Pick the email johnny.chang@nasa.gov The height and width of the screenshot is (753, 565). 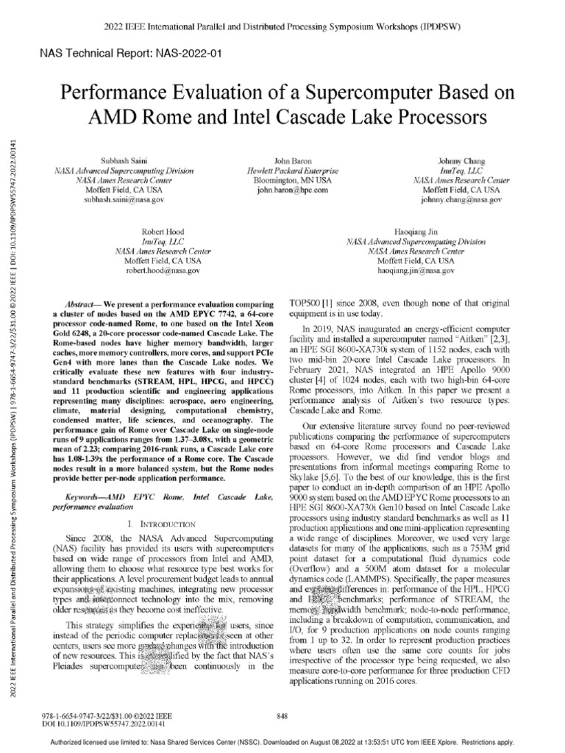(x=461, y=199)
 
